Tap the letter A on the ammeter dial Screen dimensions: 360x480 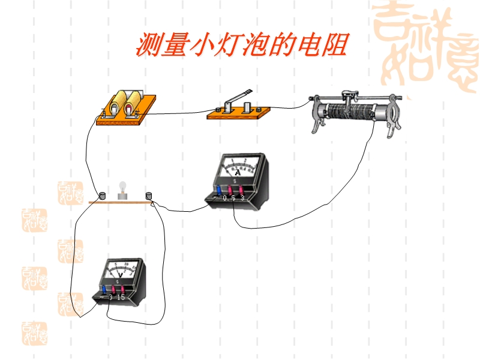(238, 172)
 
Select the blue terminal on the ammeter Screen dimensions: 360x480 (217, 191)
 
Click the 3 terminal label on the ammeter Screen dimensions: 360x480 (242, 197)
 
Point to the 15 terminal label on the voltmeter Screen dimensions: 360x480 (121, 297)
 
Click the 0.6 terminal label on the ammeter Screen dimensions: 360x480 (229, 197)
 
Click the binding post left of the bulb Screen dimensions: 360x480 (103, 195)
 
